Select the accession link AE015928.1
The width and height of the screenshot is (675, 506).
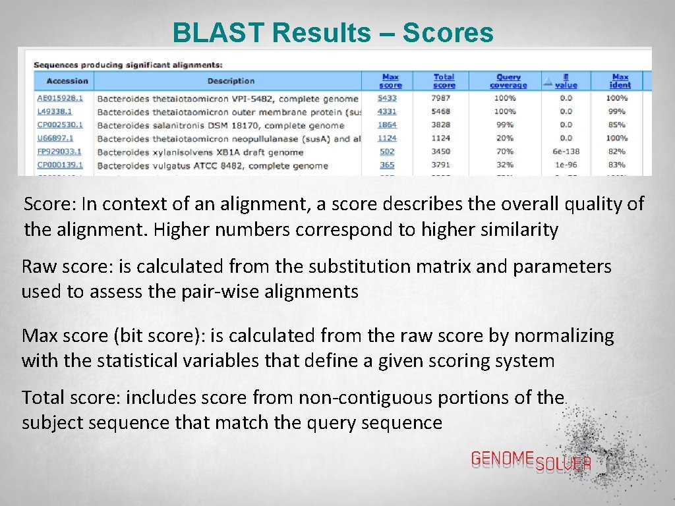coord(60,98)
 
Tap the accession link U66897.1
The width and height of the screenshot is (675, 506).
coord(55,138)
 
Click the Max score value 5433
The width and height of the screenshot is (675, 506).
coord(387,98)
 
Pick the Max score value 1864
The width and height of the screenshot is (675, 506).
coord(387,125)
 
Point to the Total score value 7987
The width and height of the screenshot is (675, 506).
coord(441,98)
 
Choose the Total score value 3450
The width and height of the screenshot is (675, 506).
coord(441,152)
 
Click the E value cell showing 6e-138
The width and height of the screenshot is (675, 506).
coord(566,152)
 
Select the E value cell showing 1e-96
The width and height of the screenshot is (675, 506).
coord(566,165)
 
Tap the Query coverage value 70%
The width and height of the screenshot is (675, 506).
coord(505,152)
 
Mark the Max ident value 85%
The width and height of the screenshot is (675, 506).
coord(617,125)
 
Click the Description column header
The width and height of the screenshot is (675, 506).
coord(231,81)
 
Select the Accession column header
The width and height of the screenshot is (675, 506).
coord(67,81)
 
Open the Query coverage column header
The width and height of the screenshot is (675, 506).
coord(508,81)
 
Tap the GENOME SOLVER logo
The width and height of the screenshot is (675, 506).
coord(531,461)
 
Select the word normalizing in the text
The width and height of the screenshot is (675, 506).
coord(564,336)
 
